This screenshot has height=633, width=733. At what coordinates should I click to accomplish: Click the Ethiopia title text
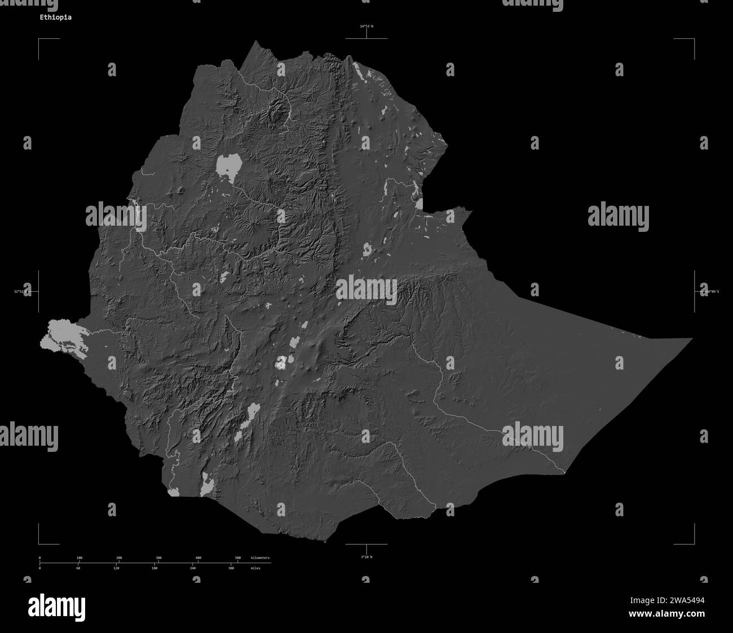(x=55, y=17)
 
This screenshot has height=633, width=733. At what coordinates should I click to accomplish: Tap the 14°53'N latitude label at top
(x=366, y=27)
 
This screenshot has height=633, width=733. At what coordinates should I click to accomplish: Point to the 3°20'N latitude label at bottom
(x=366, y=557)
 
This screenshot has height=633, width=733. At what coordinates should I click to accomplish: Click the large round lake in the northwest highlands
(x=228, y=165)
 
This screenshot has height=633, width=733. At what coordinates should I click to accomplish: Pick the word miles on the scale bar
(x=258, y=569)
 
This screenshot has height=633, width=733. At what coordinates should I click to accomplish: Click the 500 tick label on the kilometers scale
(x=237, y=557)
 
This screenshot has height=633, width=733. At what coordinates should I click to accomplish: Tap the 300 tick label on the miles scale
(x=231, y=569)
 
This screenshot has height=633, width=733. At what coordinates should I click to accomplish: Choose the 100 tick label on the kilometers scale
(x=79, y=557)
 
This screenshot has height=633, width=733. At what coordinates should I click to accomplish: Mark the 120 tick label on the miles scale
(x=116, y=569)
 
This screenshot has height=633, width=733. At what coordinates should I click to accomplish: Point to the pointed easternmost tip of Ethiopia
(x=691, y=339)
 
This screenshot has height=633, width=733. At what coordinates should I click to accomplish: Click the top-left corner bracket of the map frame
(x=39, y=40)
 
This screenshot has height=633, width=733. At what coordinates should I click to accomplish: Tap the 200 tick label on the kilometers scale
(x=119, y=557)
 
